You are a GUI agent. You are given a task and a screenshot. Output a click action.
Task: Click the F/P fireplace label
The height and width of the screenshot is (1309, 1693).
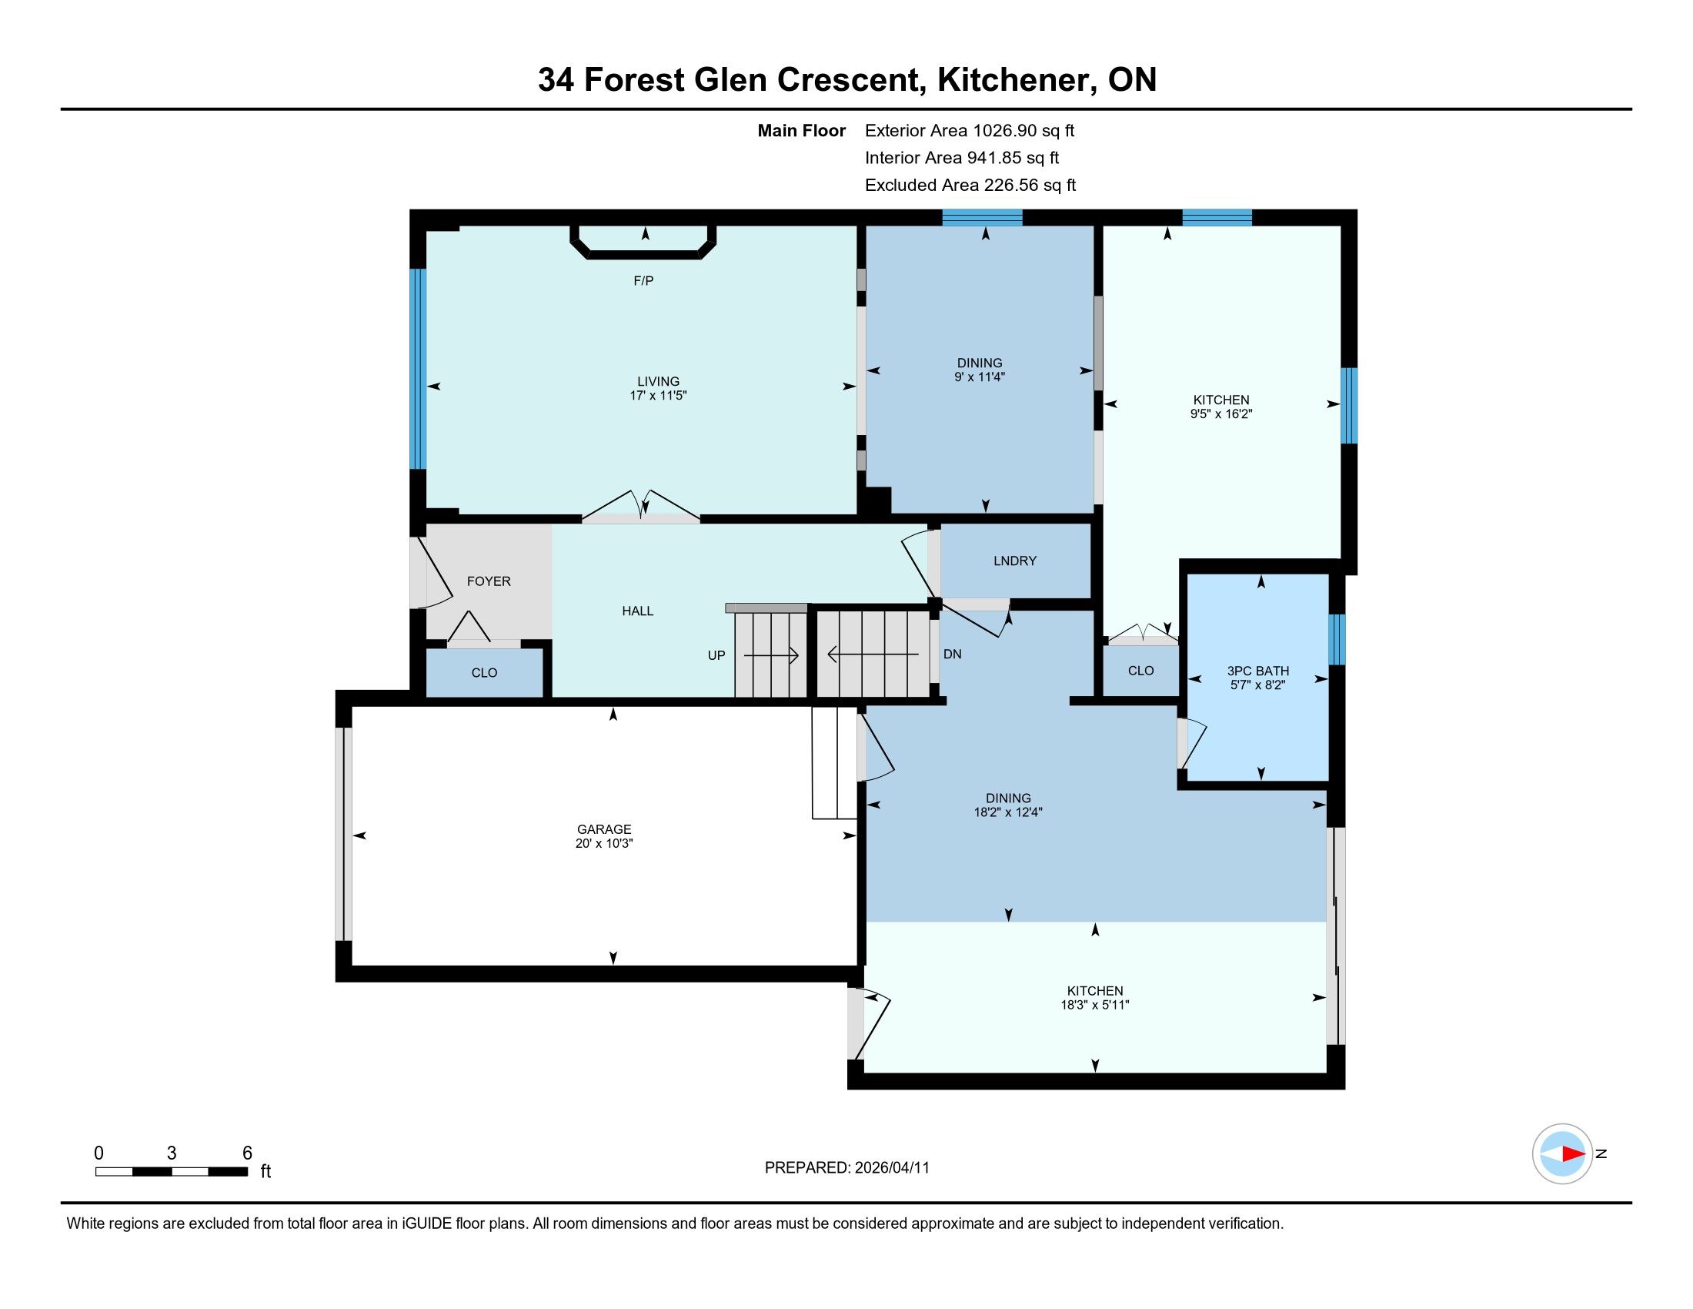(643, 281)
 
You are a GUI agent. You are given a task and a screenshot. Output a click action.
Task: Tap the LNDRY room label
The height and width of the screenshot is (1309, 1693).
(1015, 561)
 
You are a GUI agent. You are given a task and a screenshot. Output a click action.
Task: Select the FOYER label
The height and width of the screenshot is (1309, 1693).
(489, 581)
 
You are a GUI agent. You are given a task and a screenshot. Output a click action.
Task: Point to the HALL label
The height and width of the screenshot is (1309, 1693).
(637, 611)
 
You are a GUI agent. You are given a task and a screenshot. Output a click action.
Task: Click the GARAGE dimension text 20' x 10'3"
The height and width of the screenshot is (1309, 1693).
(604, 844)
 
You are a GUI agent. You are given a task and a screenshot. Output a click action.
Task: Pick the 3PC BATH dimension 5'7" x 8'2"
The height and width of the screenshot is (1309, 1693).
(1258, 685)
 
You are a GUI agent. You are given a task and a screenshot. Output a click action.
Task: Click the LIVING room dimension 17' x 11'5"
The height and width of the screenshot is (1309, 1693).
(658, 396)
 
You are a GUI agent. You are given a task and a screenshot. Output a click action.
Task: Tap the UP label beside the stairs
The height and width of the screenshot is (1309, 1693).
(716, 655)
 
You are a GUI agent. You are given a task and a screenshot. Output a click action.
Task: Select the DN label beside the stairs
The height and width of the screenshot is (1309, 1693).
(953, 654)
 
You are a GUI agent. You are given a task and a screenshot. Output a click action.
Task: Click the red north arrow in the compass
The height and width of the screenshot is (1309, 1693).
(1573, 1154)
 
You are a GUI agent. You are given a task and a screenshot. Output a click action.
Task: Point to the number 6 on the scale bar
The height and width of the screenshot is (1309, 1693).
(247, 1153)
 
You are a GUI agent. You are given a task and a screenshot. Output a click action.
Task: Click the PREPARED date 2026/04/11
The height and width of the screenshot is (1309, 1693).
(892, 1168)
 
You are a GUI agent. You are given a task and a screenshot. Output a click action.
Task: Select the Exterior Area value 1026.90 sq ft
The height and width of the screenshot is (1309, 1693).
(1023, 130)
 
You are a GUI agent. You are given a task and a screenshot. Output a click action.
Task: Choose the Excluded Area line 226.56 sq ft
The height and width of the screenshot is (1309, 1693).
(970, 185)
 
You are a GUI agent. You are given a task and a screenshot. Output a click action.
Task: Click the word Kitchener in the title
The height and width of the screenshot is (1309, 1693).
(1017, 79)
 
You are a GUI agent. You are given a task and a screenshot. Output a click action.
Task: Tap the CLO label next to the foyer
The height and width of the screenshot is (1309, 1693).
(485, 673)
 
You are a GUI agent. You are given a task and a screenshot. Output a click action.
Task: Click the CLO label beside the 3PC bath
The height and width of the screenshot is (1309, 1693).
(1141, 671)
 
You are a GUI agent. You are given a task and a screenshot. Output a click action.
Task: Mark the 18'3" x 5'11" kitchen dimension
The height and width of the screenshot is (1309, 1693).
(1094, 1005)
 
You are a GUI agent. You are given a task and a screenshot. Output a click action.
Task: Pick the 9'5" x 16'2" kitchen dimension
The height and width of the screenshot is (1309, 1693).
(1222, 414)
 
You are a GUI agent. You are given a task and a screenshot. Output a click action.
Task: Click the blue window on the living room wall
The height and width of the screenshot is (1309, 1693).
(418, 369)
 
